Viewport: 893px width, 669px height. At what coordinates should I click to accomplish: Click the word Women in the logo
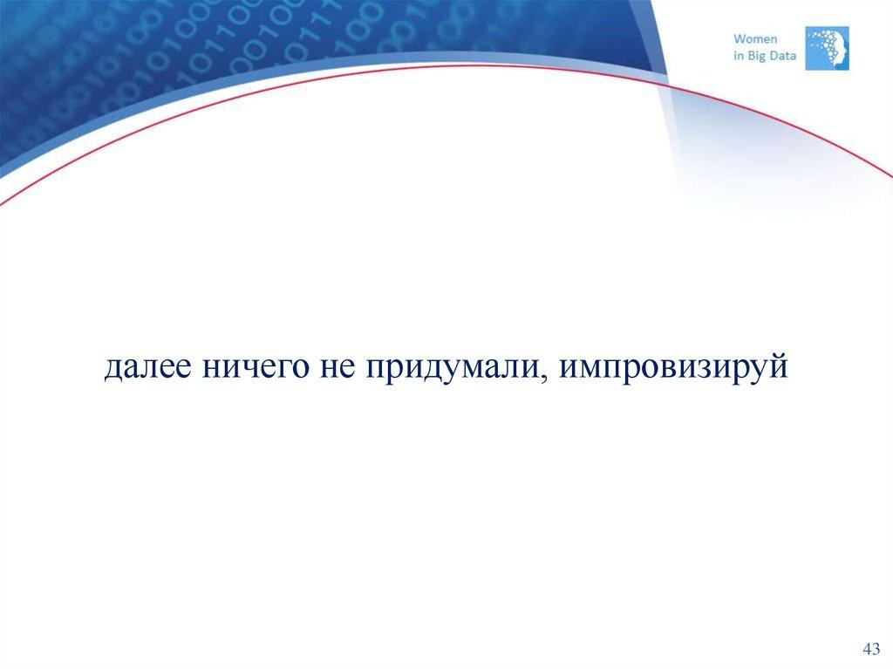click(x=755, y=38)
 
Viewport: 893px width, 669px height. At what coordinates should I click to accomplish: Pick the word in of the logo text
click(x=737, y=56)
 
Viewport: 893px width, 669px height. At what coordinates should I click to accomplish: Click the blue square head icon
click(x=827, y=47)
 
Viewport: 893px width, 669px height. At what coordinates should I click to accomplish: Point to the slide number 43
click(x=870, y=650)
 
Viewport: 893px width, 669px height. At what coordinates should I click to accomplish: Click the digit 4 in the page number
click(x=866, y=650)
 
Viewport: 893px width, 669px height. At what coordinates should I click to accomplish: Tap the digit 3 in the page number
click(x=876, y=650)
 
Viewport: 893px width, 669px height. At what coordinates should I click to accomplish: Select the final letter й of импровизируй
click(x=778, y=366)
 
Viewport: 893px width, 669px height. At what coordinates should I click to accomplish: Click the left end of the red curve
click(x=3, y=202)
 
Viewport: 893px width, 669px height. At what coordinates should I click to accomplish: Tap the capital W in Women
click(x=740, y=38)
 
